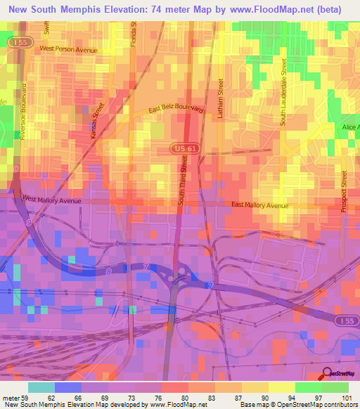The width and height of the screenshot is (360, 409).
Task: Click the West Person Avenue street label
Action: (68, 48)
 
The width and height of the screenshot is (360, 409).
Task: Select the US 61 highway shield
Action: (180, 148)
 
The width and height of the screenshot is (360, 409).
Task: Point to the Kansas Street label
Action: (98, 121)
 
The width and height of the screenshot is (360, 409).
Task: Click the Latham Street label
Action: (220, 98)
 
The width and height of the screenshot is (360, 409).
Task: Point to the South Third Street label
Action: (183, 186)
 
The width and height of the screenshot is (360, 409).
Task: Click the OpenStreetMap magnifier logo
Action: (327, 373)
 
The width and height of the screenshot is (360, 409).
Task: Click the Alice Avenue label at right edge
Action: (350, 126)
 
